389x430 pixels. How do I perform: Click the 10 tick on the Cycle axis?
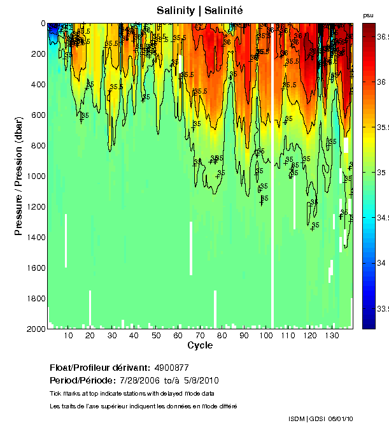(x=68, y=335)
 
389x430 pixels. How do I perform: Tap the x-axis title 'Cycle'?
(x=200, y=345)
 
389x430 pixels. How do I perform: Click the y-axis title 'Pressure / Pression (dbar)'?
(x=18, y=176)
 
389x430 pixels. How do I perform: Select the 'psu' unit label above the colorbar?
(x=368, y=15)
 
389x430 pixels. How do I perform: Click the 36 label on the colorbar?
(x=381, y=82)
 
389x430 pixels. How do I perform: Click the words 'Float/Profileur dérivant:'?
(x=99, y=368)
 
